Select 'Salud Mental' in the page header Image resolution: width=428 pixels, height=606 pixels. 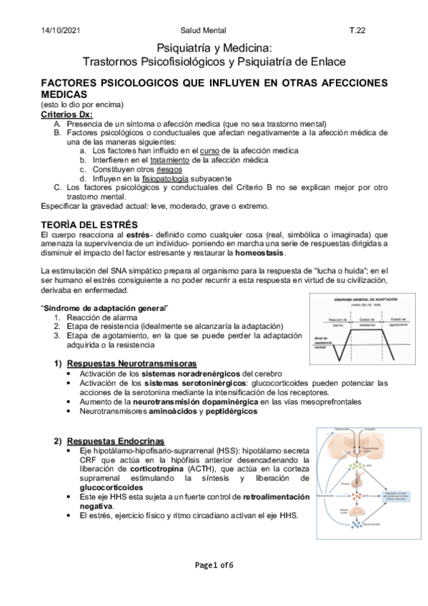coord(204,31)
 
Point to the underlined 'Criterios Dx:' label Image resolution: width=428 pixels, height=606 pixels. coord(66,114)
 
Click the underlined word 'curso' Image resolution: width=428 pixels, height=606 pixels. coord(209,151)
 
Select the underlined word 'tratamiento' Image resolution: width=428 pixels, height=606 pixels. coord(170,160)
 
